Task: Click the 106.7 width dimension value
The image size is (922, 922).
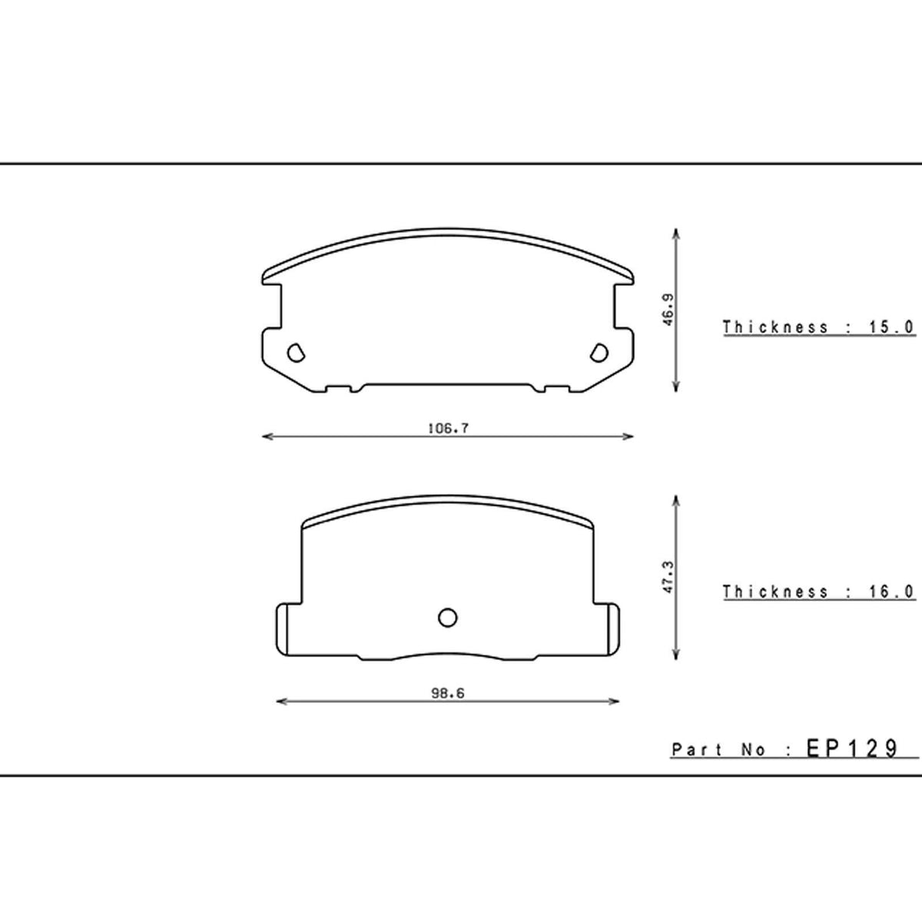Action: (x=448, y=428)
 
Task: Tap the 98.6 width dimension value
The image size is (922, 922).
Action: (x=448, y=693)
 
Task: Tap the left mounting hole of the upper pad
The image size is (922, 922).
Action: (x=296, y=353)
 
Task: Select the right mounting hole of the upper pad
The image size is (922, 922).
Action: (x=599, y=353)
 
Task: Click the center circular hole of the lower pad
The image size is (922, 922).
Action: (x=448, y=618)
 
